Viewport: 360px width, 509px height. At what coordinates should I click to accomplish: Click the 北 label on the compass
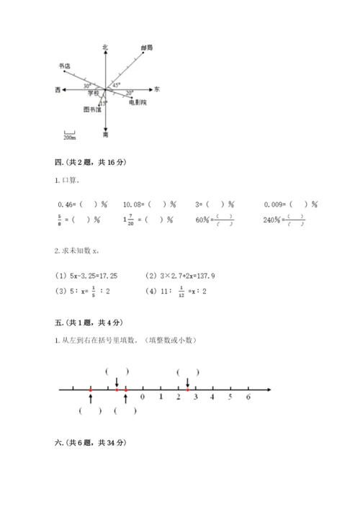[x=105, y=48]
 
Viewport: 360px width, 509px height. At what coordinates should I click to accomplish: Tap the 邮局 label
[x=147, y=48]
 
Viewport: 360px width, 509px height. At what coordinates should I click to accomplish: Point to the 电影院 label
[x=138, y=103]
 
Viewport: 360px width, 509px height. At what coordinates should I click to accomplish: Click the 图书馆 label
[x=91, y=110]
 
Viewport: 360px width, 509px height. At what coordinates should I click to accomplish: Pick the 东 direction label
[x=157, y=89]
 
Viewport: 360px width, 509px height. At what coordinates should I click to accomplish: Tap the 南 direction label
[x=106, y=135]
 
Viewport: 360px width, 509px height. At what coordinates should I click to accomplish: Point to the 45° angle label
[x=117, y=85]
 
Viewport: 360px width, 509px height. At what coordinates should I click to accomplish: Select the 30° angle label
[x=86, y=86]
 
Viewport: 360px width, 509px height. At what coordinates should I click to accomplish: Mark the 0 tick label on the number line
[x=142, y=397]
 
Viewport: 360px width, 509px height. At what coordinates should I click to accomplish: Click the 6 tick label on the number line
[x=248, y=397]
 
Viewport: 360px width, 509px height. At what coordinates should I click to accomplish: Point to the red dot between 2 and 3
[x=187, y=389]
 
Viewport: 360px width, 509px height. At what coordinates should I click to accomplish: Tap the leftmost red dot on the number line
[x=91, y=389]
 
